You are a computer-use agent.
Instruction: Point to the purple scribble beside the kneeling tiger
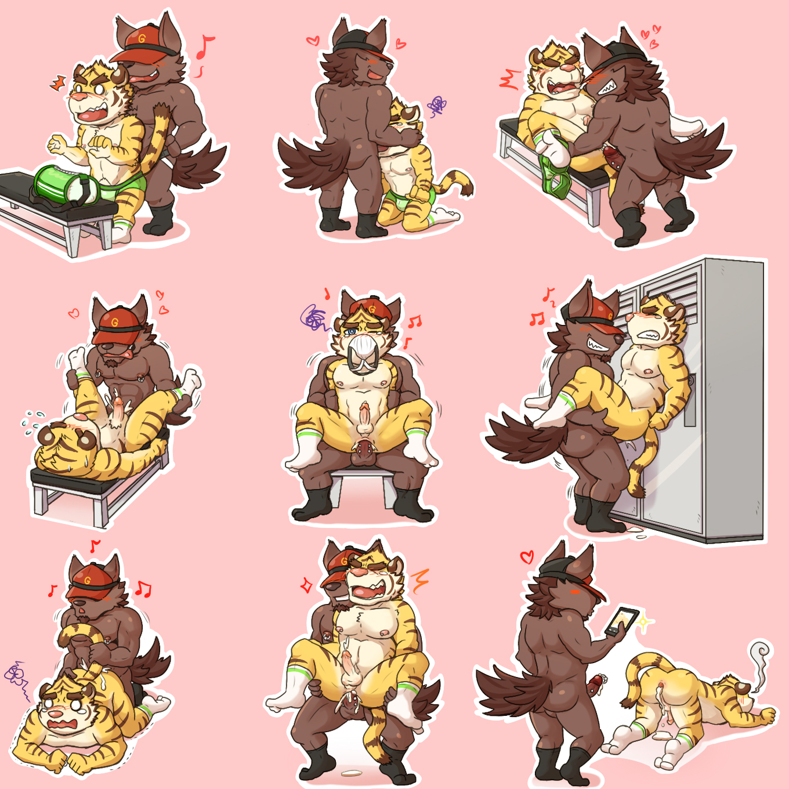437,106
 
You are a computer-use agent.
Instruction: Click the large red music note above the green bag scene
204,46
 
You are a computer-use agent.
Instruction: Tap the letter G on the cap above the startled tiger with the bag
142,38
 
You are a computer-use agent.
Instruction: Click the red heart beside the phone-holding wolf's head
527,557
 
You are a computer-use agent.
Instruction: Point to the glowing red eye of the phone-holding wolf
576,591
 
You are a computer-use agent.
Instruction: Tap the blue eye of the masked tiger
350,331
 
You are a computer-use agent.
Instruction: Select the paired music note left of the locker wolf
537,318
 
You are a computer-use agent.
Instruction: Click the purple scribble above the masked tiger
314,318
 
